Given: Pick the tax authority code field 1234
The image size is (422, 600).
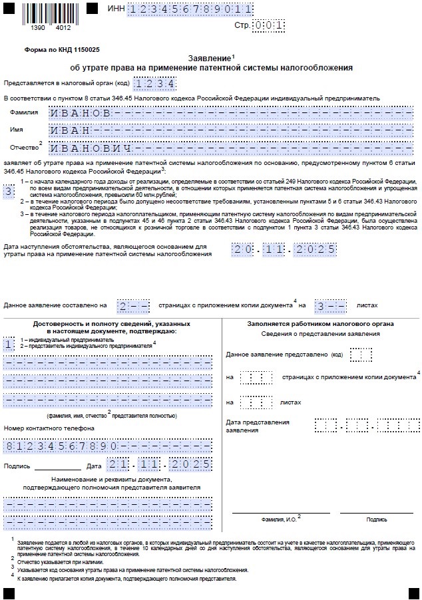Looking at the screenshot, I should pyautogui.click(x=154, y=84).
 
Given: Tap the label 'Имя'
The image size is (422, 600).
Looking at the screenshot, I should pyautogui.click(x=17, y=130).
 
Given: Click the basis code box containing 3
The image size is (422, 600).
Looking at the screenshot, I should pyautogui.click(x=9, y=192).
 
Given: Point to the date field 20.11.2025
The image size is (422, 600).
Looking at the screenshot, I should pyautogui.click(x=283, y=250).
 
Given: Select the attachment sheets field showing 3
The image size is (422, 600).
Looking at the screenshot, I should pyautogui.click(x=330, y=305).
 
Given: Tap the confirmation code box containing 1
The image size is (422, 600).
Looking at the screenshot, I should pyautogui.click(x=8, y=345).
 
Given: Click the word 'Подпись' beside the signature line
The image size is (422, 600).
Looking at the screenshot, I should pyautogui.click(x=17, y=466).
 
